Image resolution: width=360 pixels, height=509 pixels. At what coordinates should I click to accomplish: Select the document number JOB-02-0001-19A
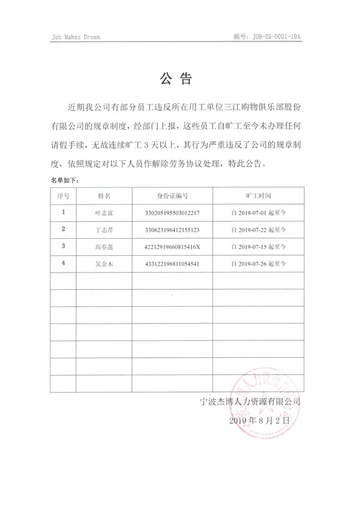(x=267, y=37)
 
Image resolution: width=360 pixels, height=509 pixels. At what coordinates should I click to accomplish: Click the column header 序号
(x=64, y=196)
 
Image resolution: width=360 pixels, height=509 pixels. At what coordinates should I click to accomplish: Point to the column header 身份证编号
(x=173, y=196)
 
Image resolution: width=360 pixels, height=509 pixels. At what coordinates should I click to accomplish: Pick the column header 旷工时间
(x=258, y=196)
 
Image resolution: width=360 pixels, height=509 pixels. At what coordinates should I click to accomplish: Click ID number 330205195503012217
(x=173, y=212)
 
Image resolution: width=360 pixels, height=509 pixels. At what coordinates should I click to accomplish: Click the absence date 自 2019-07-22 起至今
(x=259, y=229)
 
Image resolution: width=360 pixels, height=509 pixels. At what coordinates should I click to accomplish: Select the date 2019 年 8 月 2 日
(x=259, y=421)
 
